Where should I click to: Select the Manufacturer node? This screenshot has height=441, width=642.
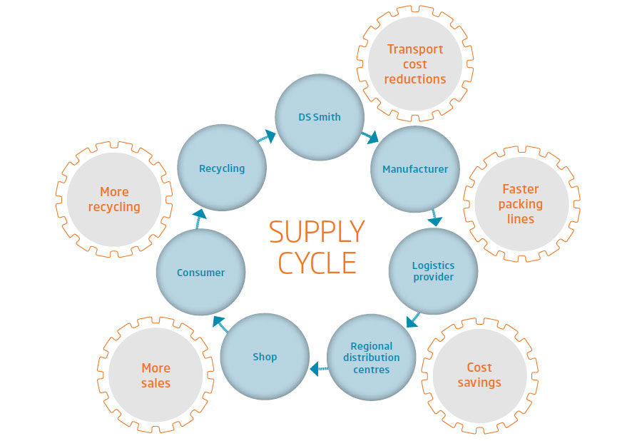[415, 169]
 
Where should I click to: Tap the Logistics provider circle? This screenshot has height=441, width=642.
[433, 271]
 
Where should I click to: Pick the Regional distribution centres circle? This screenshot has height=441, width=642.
[371, 358]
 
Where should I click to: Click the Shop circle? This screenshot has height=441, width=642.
[265, 356]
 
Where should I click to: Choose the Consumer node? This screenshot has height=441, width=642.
[200, 272]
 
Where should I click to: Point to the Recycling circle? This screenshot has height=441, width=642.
[222, 168]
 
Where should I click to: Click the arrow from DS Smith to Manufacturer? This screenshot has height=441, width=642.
[369, 136]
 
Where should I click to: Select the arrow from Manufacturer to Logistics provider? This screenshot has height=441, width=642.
[434, 218]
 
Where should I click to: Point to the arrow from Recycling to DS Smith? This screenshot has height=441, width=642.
[267, 136]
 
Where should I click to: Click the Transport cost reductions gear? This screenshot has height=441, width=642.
[414, 64]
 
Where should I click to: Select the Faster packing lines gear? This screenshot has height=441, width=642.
[521, 204]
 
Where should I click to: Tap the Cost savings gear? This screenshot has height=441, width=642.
[479, 375]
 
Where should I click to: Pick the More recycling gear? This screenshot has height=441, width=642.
[114, 200]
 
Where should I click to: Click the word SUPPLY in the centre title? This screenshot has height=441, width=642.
[317, 232]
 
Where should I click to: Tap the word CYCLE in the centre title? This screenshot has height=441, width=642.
[317, 263]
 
